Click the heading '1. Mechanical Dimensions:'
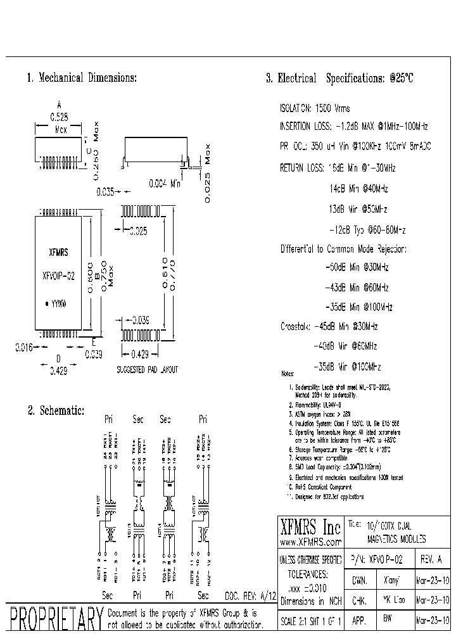[x=82, y=78]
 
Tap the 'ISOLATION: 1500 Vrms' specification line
[x=315, y=108]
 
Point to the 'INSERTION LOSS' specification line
[x=354, y=126]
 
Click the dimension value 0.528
[x=59, y=117]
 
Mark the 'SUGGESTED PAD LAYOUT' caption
[x=147, y=369]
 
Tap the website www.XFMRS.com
[x=310, y=543]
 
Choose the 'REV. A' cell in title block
[x=432, y=560]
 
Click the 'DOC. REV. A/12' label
[x=251, y=597]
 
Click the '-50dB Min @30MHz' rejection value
[x=358, y=267]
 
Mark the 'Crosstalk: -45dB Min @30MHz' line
[x=329, y=326]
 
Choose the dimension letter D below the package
[x=58, y=359]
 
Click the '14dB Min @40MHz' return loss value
[x=358, y=189]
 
